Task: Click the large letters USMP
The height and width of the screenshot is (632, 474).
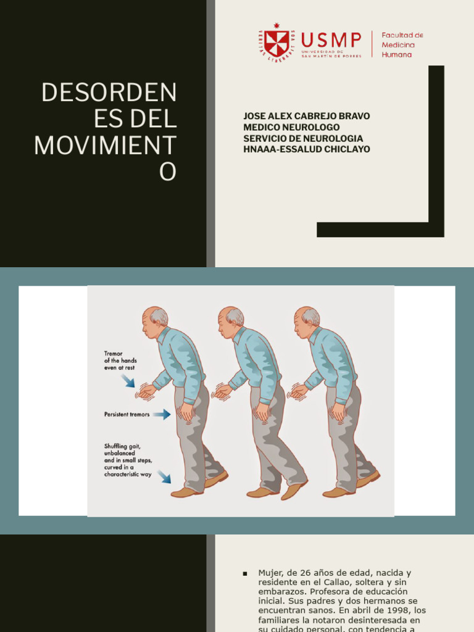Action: tap(331, 40)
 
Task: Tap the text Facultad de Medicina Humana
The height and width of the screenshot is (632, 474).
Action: tap(402, 45)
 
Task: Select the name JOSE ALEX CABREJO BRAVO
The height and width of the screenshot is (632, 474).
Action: tap(307, 116)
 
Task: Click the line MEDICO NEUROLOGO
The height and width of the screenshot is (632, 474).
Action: tap(291, 127)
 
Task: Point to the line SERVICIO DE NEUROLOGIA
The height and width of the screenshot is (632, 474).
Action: tap(303, 138)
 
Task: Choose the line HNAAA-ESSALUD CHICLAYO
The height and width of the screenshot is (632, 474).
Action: tap(307, 149)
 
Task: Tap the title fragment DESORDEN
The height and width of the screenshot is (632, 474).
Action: tap(109, 93)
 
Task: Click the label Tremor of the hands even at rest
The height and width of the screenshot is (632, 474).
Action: tap(120, 360)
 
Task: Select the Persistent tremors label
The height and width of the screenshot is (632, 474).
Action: tap(127, 415)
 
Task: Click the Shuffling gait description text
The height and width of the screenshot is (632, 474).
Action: tap(128, 460)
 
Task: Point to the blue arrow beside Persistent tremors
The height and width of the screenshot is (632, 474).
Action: tap(162, 415)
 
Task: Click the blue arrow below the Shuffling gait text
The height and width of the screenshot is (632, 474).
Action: tap(164, 476)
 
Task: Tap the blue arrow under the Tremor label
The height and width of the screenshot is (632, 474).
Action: tap(128, 381)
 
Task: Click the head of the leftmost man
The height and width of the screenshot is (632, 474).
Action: tap(154, 321)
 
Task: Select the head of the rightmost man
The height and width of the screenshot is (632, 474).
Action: tap(306, 321)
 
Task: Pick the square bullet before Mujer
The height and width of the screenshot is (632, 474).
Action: tap(245, 573)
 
